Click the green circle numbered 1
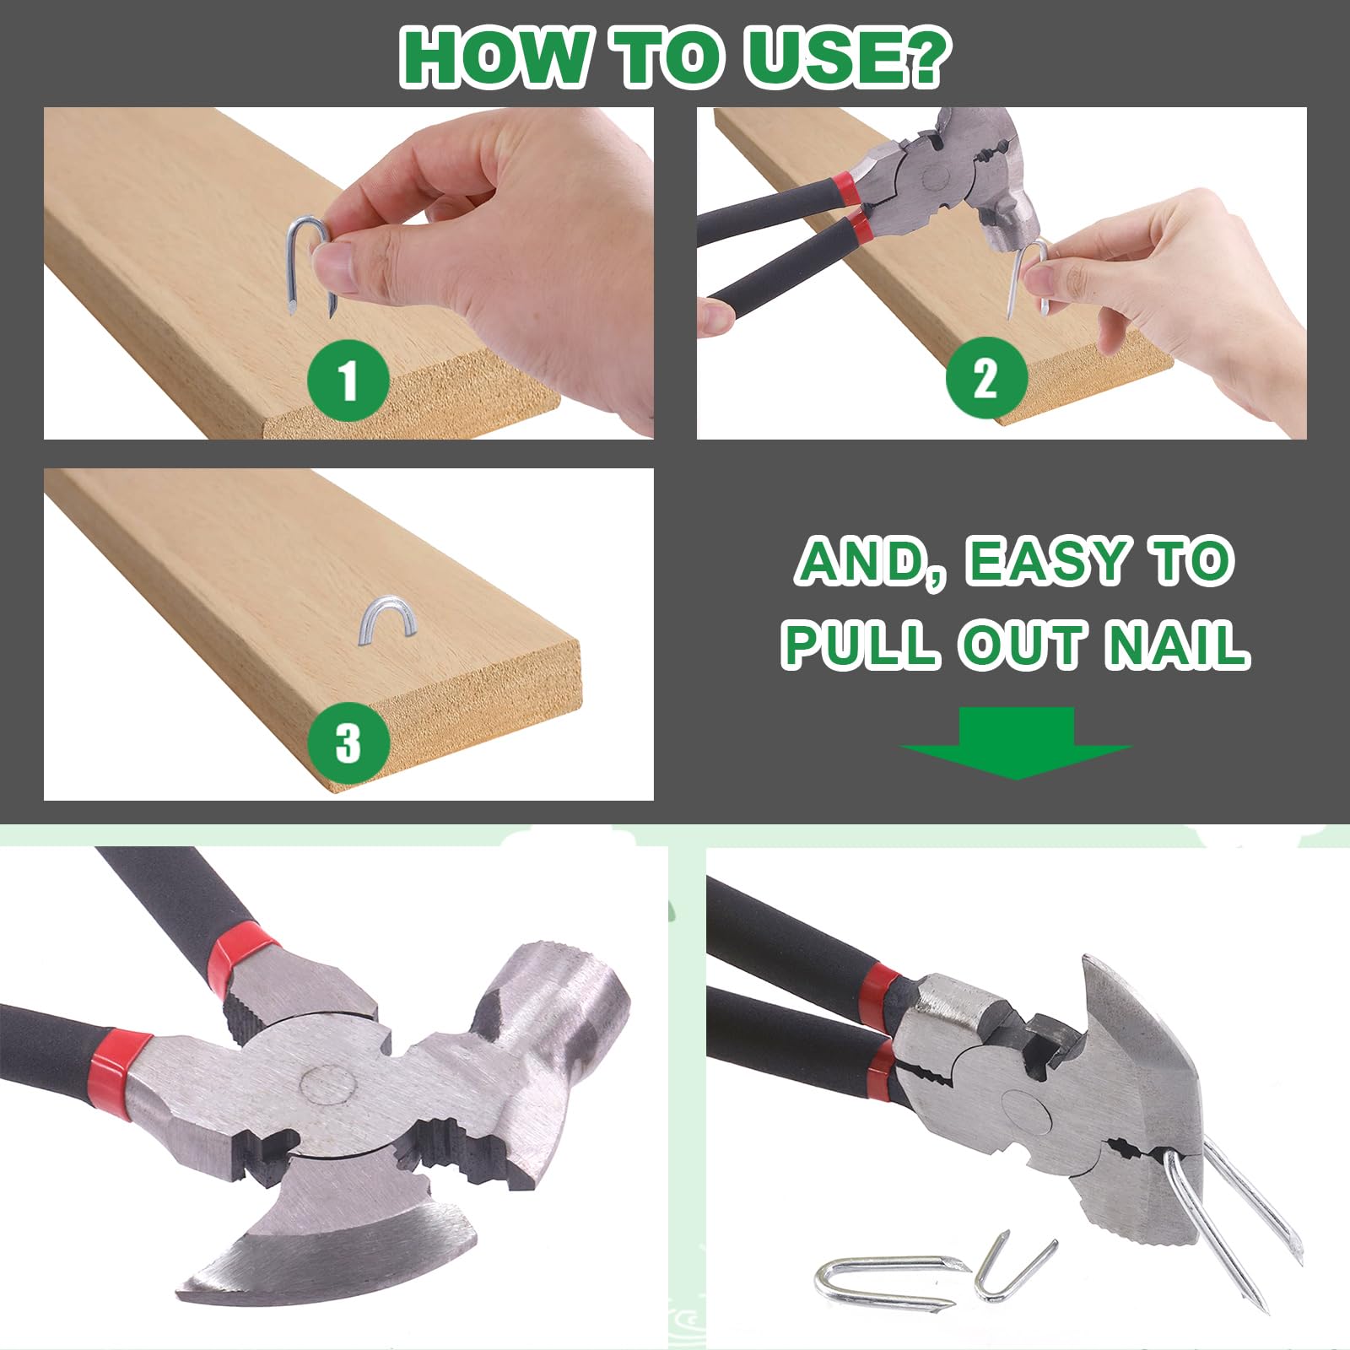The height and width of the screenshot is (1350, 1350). (348, 381)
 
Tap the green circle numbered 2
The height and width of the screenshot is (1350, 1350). (986, 378)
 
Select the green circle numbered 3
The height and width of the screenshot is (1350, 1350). (348, 743)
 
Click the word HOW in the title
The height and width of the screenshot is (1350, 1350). (494, 57)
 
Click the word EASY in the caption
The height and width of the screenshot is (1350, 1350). (1046, 561)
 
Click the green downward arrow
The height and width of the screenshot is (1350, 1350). (1016, 742)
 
